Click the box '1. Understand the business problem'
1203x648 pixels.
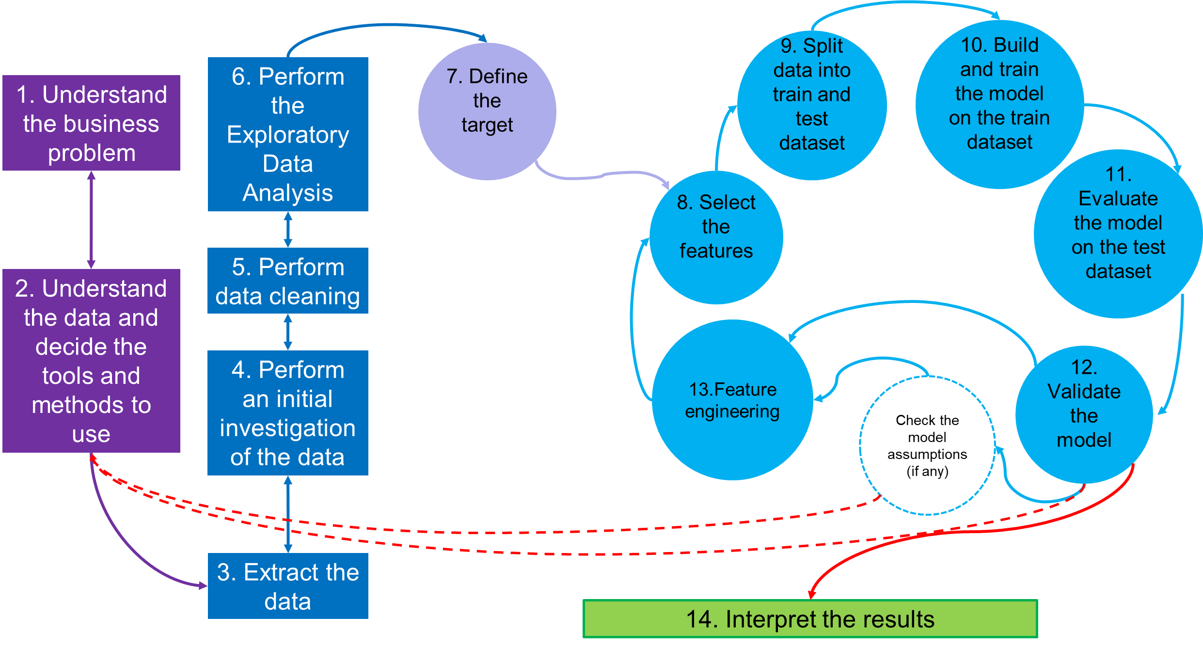click(91, 123)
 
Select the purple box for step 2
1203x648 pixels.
click(91, 361)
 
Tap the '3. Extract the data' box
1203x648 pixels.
click(288, 586)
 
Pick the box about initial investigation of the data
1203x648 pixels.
click(288, 413)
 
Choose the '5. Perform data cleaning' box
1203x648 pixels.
click(288, 281)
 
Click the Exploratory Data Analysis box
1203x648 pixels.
click(288, 134)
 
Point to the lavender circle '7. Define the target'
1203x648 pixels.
click(487, 111)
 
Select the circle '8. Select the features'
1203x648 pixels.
click(716, 237)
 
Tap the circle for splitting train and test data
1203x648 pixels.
click(812, 105)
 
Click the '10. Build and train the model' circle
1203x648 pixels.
click(999, 104)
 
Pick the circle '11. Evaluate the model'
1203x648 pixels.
click(1118, 234)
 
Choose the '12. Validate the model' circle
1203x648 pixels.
click(1084, 414)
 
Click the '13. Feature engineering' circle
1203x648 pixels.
click(732, 400)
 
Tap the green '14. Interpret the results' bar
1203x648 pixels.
click(810, 619)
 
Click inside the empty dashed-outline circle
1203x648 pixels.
click(927, 445)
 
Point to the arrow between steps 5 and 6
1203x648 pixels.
click(288, 230)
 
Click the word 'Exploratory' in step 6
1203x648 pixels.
click(288, 135)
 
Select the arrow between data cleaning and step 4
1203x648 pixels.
click(288, 332)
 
